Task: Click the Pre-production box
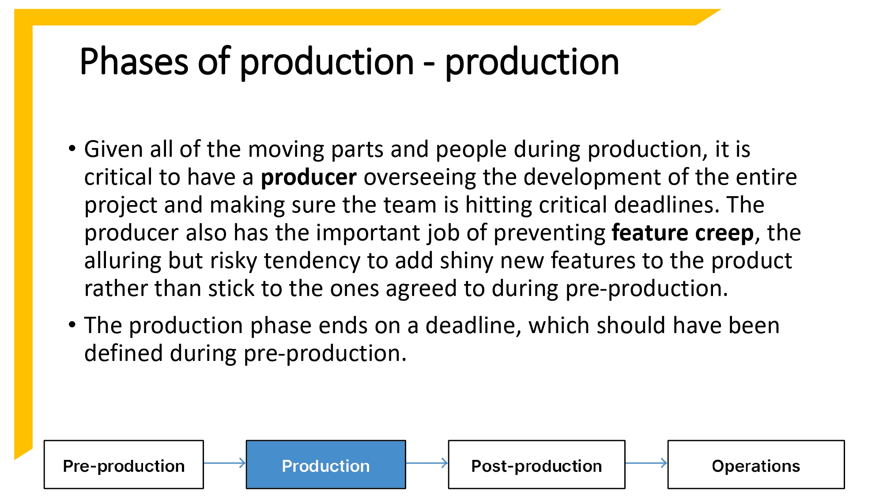(124, 465)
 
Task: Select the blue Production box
(326, 465)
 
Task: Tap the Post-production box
(536, 465)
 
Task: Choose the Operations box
(756, 465)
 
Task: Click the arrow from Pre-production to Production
(225, 463)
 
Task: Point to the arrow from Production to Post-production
(427, 463)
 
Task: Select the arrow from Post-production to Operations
(646, 463)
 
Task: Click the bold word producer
(309, 178)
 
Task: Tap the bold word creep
(724, 233)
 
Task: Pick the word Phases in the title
(134, 62)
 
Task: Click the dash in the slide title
(429, 64)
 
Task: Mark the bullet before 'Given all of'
(72, 148)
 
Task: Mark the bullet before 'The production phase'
(72, 325)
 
